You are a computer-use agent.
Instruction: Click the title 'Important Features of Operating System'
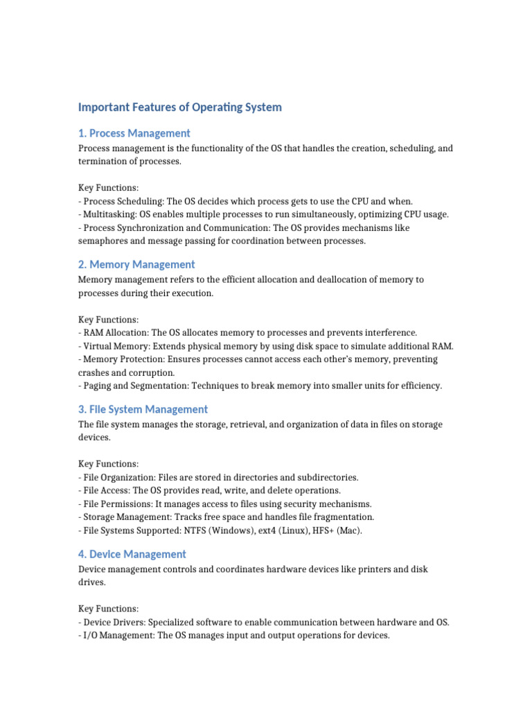[x=180, y=107]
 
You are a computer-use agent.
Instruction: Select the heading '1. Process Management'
[x=134, y=133]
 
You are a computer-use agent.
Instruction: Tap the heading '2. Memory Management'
[x=136, y=264]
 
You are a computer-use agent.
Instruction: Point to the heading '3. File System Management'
[x=143, y=409]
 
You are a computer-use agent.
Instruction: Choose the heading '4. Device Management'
[x=132, y=554]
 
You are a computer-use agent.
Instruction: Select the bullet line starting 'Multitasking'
[x=263, y=214]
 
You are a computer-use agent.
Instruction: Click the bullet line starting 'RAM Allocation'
[x=247, y=333]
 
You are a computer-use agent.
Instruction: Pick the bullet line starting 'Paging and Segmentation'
[x=260, y=386]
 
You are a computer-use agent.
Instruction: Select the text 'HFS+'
[x=314, y=530]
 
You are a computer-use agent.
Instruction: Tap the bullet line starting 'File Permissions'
[x=225, y=504]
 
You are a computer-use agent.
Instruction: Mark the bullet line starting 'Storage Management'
[x=226, y=517]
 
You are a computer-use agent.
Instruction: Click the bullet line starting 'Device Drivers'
[x=263, y=622]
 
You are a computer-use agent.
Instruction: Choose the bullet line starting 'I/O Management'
[x=234, y=635]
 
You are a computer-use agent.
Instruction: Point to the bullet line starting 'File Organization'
[x=218, y=478]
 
